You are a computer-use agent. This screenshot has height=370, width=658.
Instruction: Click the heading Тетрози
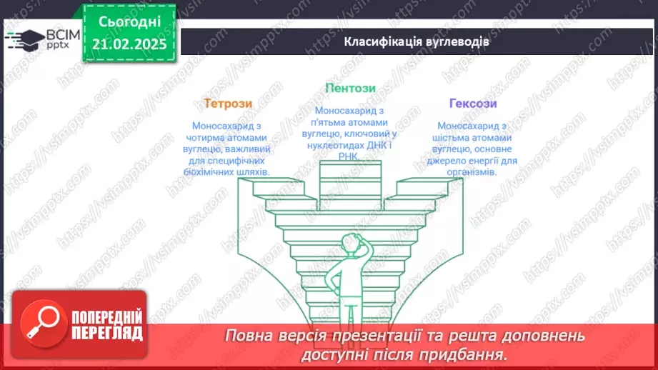pyautogui.click(x=228, y=103)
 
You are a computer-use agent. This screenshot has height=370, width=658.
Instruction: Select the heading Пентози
pyautogui.click(x=350, y=89)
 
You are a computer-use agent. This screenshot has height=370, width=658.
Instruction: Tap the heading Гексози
pyautogui.click(x=473, y=103)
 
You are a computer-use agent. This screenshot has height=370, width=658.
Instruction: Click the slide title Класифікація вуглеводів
pyautogui.click(x=417, y=41)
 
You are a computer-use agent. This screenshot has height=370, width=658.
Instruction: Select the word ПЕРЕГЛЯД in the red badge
pyautogui.click(x=106, y=333)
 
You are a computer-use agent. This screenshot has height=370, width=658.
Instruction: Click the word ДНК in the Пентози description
pyautogui.click(x=373, y=145)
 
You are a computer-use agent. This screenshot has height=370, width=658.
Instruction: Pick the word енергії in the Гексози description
pyautogui.click(x=476, y=161)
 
